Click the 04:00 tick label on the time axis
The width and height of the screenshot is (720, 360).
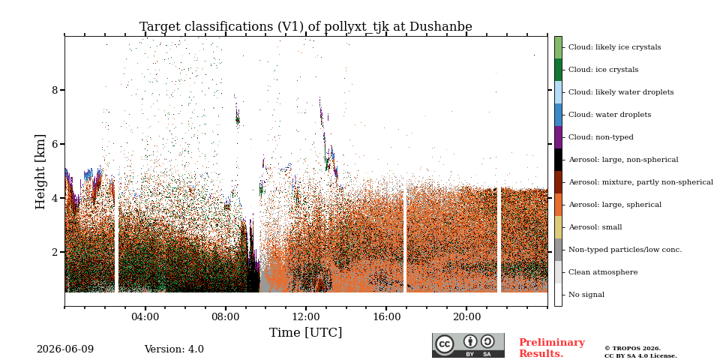point(145,317)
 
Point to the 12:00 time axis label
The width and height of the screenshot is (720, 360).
point(306,317)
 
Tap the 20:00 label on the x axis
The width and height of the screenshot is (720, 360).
point(466,317)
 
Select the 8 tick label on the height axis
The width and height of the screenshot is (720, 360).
point(55,90)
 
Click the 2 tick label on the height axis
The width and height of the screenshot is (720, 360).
point(55,252)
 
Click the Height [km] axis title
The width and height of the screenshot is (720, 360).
point(40,172)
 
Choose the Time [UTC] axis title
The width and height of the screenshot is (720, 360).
point(306,332)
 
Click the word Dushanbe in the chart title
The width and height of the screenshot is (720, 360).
point(441,27)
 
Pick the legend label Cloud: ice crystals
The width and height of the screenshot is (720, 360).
point(603,70)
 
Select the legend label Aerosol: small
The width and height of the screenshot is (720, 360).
point(595,227)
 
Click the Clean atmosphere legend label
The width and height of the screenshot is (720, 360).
point(603,272)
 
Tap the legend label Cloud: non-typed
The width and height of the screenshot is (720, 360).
point(601,137)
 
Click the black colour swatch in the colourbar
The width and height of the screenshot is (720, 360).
point(558,160)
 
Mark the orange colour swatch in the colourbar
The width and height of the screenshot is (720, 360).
point(558,205)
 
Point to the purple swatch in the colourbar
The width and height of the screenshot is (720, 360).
point(558,137)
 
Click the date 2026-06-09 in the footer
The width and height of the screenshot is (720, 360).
point(65,349)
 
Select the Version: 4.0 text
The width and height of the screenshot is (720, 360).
point(174,349)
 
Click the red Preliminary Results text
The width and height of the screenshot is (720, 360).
point(552,348)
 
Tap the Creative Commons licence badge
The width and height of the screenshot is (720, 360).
point(468,345)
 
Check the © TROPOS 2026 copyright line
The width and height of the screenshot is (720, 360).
point(632,349)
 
